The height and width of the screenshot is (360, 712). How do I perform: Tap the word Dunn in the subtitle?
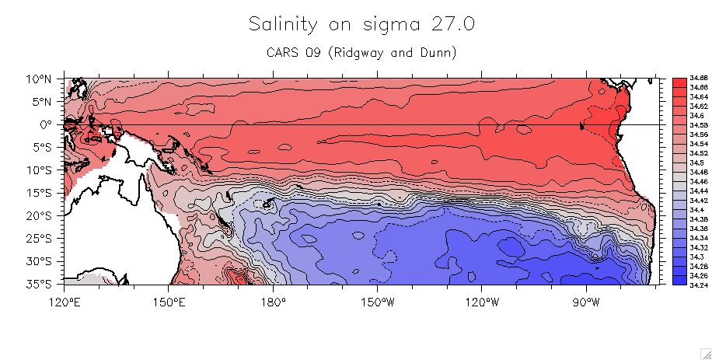tap(435, 53)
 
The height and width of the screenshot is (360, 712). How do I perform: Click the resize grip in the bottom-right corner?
tap(706, 354)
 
